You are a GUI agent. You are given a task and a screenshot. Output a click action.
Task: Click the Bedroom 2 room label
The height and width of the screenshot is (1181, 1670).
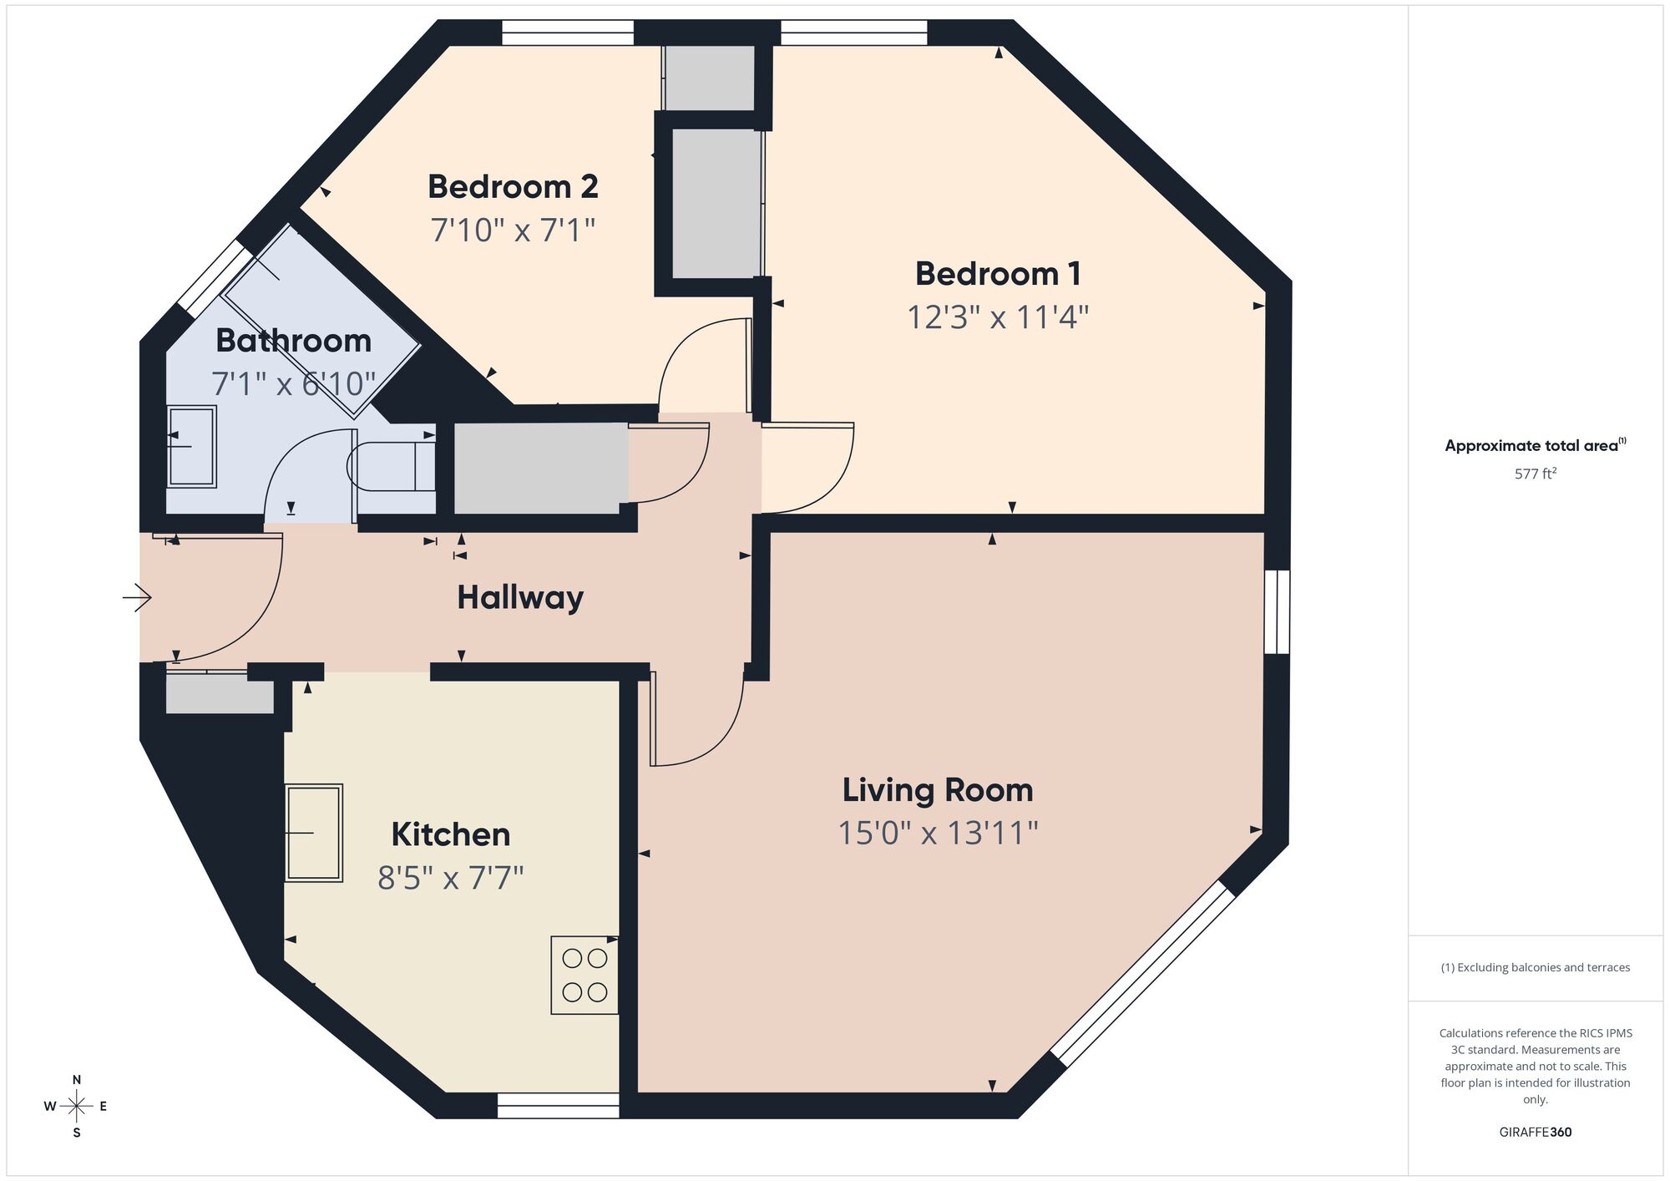coord(513,187)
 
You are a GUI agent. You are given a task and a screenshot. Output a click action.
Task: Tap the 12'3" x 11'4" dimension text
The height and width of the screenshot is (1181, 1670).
coord(998,317)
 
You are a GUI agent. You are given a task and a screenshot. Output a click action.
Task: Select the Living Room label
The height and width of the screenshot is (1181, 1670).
coord(937,790)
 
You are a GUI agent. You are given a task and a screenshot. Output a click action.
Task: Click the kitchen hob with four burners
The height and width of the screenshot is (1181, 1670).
coord(584,976)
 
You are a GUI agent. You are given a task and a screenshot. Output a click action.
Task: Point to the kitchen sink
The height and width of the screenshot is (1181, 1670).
coord(314,833)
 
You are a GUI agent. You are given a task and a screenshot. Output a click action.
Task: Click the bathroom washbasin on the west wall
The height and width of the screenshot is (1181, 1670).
coord(192,447)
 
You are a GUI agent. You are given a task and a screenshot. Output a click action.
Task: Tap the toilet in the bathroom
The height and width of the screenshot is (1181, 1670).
coord(391,466)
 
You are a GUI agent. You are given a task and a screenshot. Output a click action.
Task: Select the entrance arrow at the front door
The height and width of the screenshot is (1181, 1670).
coord(137,597)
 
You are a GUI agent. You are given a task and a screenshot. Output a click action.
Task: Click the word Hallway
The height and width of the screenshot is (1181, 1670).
coord(519,598)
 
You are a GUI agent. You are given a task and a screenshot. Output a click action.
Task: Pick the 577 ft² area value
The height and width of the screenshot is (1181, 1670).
coord(1535,474)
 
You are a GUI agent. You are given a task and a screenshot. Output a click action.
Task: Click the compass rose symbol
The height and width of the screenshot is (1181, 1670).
coord(76,1107)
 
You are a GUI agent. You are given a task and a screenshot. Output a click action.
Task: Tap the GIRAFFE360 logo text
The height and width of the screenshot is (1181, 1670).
coord(1535,1133)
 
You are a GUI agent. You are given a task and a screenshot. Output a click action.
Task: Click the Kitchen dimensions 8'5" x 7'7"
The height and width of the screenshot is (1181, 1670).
coord(450,878)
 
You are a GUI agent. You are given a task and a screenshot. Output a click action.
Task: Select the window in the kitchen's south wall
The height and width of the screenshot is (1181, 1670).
coord(558,1106)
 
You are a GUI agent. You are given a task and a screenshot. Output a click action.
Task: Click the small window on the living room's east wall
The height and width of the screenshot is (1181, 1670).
coord(1277,611)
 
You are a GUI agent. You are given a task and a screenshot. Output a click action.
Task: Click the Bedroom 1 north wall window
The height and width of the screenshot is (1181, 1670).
coord(853,33)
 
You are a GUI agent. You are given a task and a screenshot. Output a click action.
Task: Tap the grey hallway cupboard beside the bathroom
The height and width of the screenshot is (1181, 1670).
coord(539,469)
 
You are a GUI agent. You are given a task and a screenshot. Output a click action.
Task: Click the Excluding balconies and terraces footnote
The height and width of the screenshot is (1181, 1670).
coord(1535,967)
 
